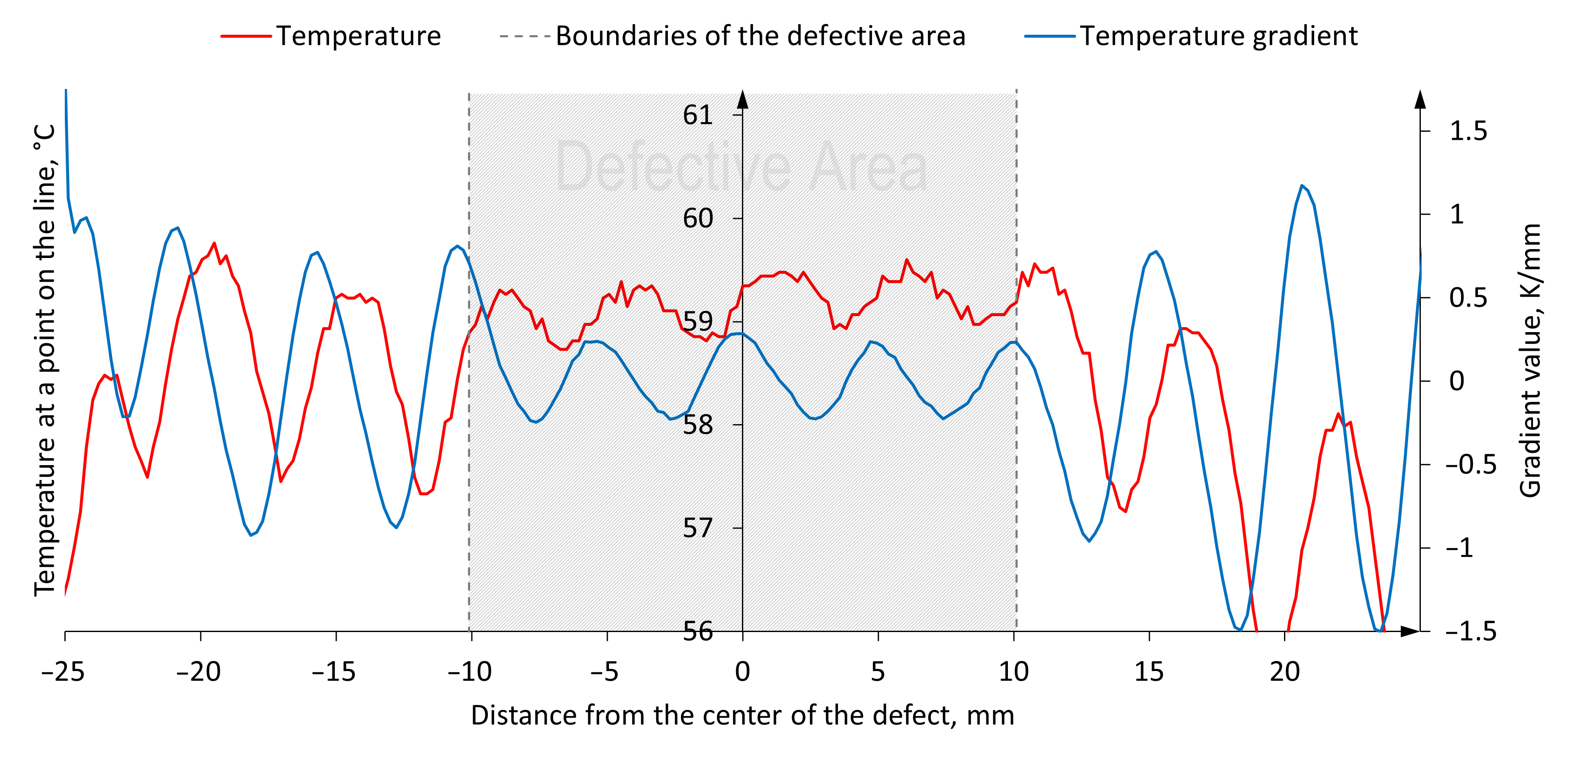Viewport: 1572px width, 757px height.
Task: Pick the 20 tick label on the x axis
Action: click(x=1284, y=671)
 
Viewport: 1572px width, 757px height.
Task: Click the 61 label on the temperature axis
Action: click(x=697, y=115)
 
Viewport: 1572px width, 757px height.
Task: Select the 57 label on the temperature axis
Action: click(x=697, y=528)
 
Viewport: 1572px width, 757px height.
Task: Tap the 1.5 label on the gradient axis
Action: click(x=1468, y=131)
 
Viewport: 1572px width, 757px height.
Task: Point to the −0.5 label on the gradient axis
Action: click(x=1471, y=465)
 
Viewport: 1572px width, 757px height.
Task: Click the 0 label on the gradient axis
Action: click(x=1457, y=382)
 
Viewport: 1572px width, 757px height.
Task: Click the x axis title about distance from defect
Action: click(x=742, y=715)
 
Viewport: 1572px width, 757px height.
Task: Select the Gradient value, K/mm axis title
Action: click(x=1530, y=360)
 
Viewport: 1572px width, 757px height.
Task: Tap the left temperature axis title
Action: click(x=44, y=360)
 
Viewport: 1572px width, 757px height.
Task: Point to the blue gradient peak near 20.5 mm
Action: click(x=1302, y=186)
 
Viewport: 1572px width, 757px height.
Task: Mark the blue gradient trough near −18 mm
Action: click(x=251, y=535)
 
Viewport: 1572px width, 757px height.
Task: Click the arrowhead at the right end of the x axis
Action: click(x=1410, y=631)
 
